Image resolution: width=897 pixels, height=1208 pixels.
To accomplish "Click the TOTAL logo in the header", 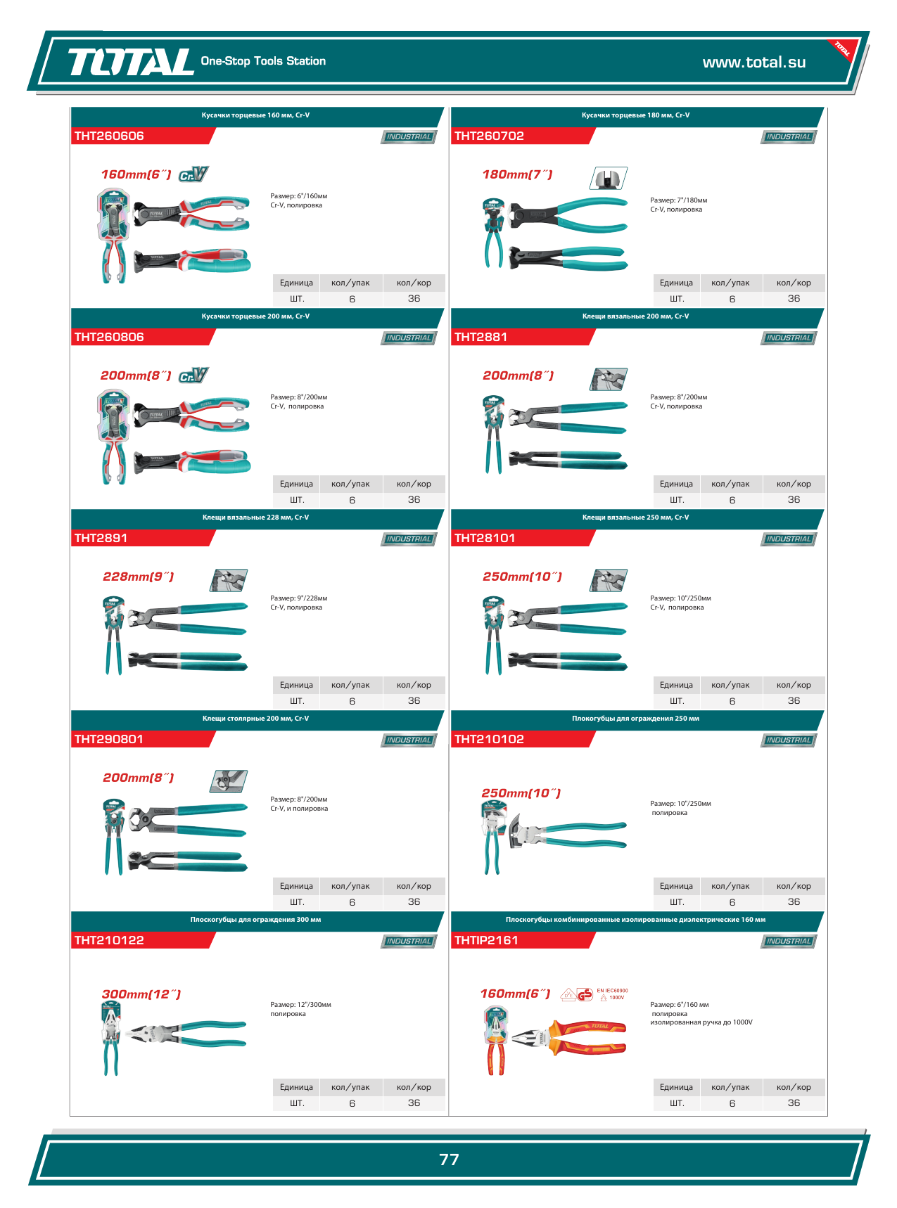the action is (x=131, y=62).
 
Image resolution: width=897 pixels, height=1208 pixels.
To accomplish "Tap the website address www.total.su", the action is (x=754, y=62).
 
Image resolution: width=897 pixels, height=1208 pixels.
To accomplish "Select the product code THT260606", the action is (x=109, y=136).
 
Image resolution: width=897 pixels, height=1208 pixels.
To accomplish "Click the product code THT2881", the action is (x=481, y=337).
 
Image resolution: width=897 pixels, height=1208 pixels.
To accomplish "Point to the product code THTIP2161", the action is (x=486, y=940).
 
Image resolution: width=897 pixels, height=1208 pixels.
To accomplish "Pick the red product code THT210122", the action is (x=109, y=940).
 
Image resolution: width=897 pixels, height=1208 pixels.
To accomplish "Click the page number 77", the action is (x=449, y=1159).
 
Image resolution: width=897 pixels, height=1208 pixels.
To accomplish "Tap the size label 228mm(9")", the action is (x=138, y=577).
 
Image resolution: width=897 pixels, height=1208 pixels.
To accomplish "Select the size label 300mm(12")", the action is (x=141, y=994).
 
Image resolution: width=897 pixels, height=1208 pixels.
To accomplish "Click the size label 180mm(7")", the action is (x=517, y=174).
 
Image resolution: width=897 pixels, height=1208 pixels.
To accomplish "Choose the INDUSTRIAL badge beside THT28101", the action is (x=789, y=539).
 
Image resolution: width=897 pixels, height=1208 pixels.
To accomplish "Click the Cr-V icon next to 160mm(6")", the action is (x=193, y=174).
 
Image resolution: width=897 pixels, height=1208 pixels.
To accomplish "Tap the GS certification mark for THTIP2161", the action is (x=585, y=994).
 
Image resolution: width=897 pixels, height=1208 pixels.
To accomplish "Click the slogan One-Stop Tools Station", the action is (x=263, y=61).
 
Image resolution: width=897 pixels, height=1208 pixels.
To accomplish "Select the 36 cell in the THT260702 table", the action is (x=794, y=299).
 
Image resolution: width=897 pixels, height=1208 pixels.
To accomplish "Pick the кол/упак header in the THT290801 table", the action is (x=350, y=886).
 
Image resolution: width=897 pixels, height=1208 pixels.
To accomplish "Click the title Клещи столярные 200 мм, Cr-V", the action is (x=255, y=719).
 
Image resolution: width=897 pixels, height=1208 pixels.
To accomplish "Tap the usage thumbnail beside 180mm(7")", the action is (x=608, y=179).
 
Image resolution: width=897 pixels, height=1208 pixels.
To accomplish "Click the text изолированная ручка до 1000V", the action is (x=701, y=1022).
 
